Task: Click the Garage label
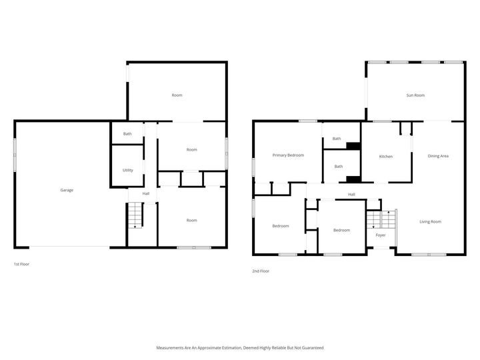tap(67, 190)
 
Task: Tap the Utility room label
tap(127, 170)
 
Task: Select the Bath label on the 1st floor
tap(127, 134)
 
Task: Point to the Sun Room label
tap(415, 95)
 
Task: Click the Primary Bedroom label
tap(288, 155)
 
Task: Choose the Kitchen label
tap(385, 157)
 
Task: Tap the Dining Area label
tap(438, 156)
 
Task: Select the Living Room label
tap(430, 221)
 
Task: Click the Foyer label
tap(381, 235)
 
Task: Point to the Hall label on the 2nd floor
tap(351, 195)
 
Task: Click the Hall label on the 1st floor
tap(145, 193)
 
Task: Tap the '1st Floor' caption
tap(21, 264)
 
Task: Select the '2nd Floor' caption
tap(261, 271)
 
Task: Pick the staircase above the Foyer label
tap(381, 219)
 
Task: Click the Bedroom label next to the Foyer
tap(341, 230)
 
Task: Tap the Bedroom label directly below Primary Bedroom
tap(280, 226)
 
